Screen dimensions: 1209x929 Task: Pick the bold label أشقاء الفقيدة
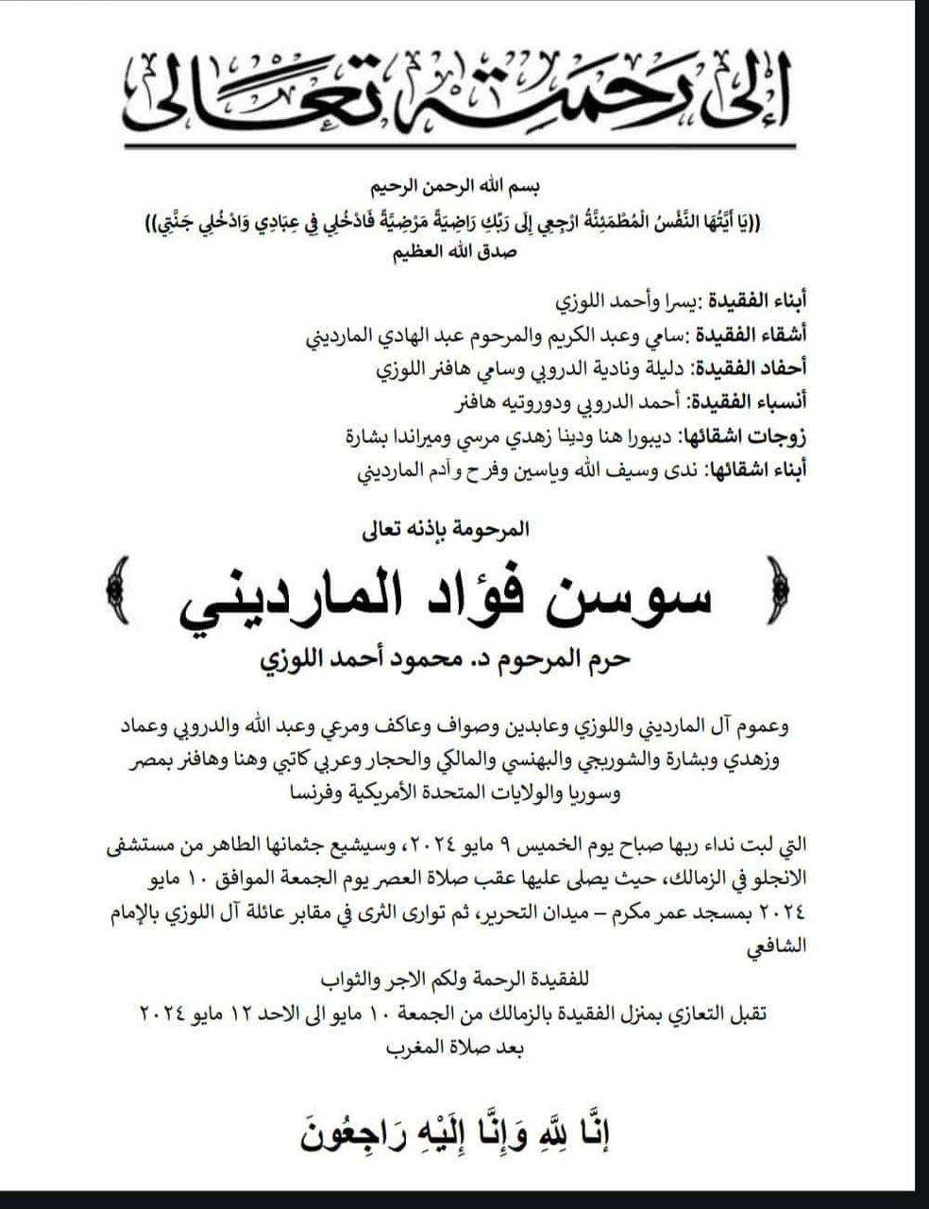760,335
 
